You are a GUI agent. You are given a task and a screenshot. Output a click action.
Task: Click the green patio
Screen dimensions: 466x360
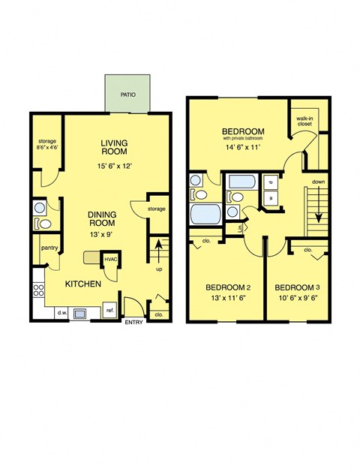click(128, 94)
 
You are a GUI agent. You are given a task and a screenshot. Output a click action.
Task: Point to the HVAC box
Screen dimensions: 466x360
click(111, 259)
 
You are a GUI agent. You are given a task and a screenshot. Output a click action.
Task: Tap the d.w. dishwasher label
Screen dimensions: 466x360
click(61, 313)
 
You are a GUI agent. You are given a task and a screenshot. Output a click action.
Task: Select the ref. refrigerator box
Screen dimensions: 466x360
click(109, 310)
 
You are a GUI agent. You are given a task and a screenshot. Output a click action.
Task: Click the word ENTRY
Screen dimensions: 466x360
click(133, 323)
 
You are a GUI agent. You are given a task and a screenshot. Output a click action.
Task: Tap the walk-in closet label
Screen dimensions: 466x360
click(304, 122)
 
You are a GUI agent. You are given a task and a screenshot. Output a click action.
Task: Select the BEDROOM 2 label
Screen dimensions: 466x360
click(228, 287)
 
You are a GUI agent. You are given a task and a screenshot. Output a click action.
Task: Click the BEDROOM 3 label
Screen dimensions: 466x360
click(298, 287)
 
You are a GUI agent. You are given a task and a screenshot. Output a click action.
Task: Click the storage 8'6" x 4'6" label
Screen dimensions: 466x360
click(46, 147)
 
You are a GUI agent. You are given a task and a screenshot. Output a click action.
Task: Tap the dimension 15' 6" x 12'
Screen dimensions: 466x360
click(115, 167)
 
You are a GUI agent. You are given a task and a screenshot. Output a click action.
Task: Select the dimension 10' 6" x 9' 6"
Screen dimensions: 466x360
click(298, 301)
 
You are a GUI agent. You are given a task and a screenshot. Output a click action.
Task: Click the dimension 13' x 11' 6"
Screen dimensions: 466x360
click(228, 301)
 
